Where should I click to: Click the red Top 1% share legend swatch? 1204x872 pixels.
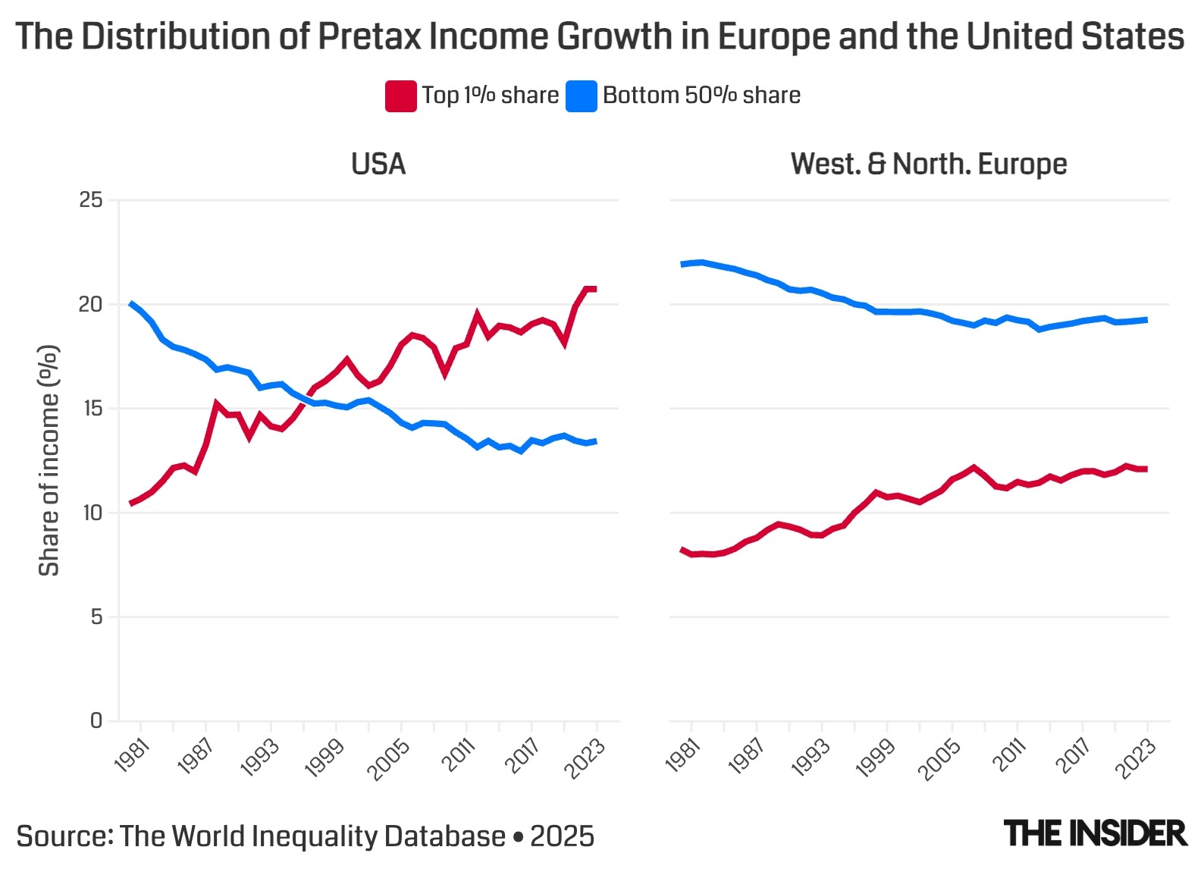400,96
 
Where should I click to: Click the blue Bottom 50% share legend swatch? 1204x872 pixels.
582,96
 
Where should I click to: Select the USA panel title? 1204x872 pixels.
378,164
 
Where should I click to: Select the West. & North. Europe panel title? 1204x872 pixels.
929,164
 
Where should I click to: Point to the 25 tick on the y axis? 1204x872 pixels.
91,200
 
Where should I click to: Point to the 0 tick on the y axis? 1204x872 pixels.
96,720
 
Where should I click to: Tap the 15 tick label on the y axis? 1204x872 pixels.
91,409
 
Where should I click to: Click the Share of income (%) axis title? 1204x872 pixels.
49,460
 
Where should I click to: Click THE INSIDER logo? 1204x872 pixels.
1095,833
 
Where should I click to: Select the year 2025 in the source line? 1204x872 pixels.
562,836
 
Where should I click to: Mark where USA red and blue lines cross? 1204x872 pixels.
306,398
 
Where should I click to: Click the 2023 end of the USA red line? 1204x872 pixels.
596,289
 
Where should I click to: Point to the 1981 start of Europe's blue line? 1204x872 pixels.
682,264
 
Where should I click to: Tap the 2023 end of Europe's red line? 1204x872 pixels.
1146,469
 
